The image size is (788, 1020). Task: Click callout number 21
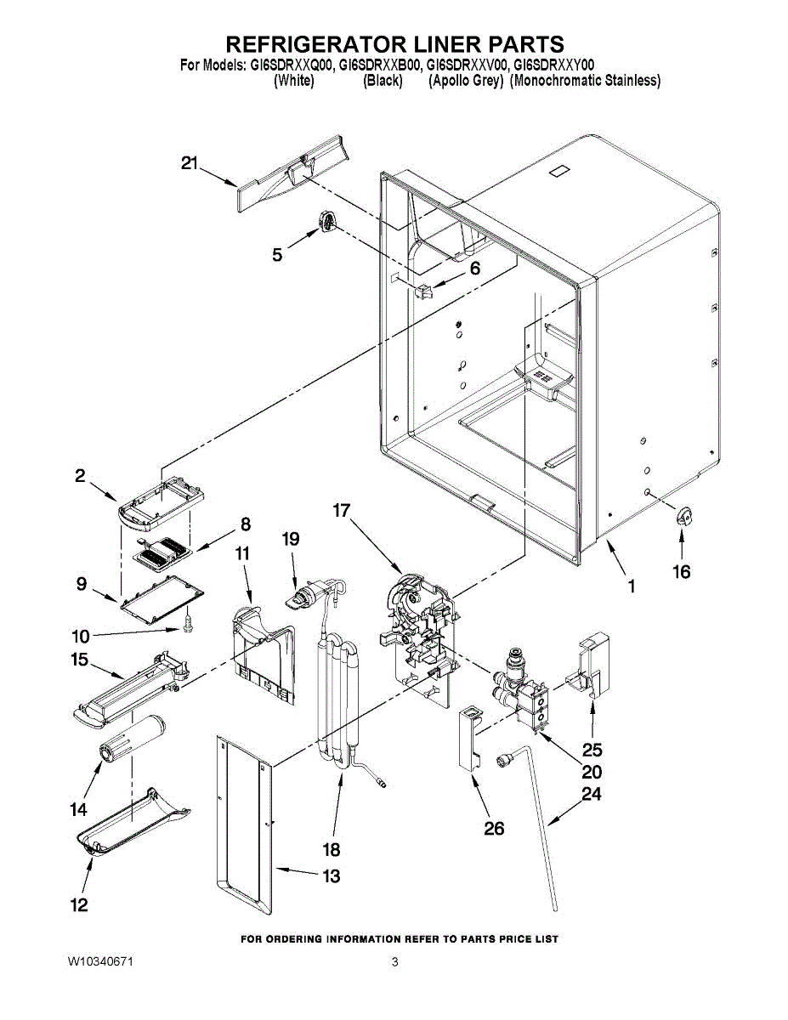pyautogui.click(x=190, y=163)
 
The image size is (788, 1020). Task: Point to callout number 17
pyautogui.click(x=342, y=511)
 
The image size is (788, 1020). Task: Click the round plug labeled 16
pyautogui.click(x=682, y=515)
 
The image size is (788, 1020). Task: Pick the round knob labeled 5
pyautogui.click(x=327, y=221)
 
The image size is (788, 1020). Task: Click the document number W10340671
pyautogui.click(x=101, y=962)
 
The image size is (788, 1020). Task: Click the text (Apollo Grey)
pyautogui.click(x=465, y=81)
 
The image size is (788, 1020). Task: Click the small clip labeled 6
pyautogui.click(x=425, y=292)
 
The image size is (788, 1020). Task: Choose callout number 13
pyautogui.click(x=331, y=875)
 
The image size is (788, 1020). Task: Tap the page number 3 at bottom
pyautogui.click(x=394, y=962)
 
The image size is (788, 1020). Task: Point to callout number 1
pyautogui.click(x=632, y=586)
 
